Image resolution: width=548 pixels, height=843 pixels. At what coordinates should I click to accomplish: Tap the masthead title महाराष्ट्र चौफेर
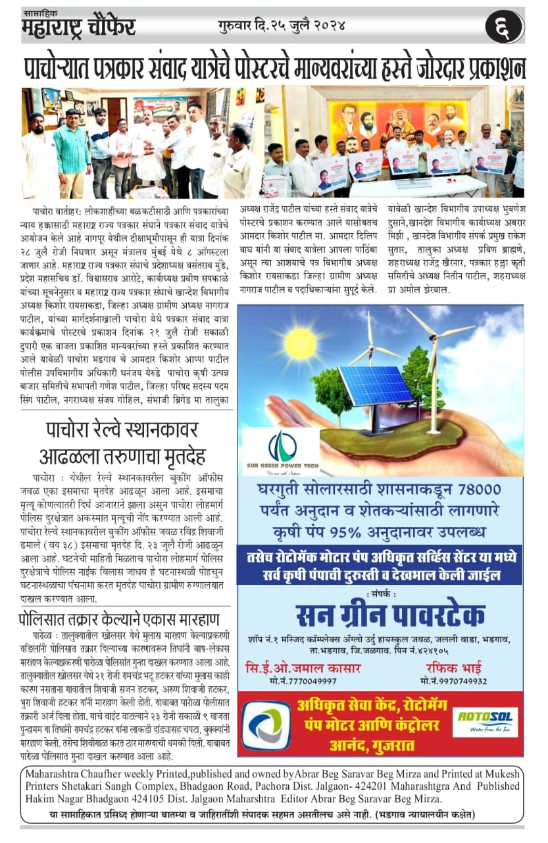(78, 28)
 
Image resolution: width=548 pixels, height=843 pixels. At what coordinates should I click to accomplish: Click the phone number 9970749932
(453, 682)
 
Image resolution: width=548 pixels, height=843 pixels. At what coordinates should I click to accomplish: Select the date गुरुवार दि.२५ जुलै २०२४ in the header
(281, 26)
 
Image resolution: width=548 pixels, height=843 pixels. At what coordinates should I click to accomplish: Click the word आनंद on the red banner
(353, 746)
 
